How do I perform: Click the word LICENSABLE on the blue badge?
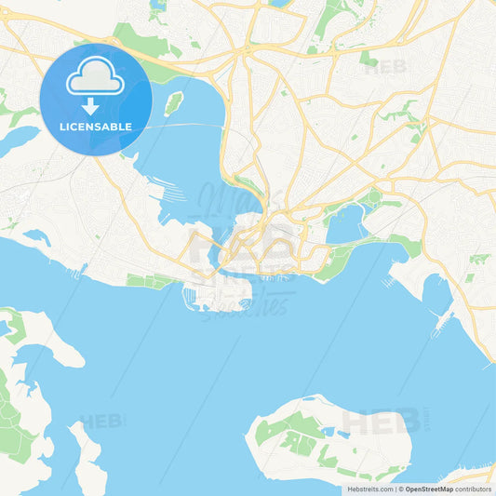point(95,127)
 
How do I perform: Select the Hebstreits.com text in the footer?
point(369,489)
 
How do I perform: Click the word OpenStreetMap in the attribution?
point(430,489)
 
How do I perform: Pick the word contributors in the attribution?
point(475,489)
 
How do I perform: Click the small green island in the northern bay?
point(173,102)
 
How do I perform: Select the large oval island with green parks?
point(326,437)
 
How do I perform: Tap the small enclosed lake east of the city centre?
point(344,224)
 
